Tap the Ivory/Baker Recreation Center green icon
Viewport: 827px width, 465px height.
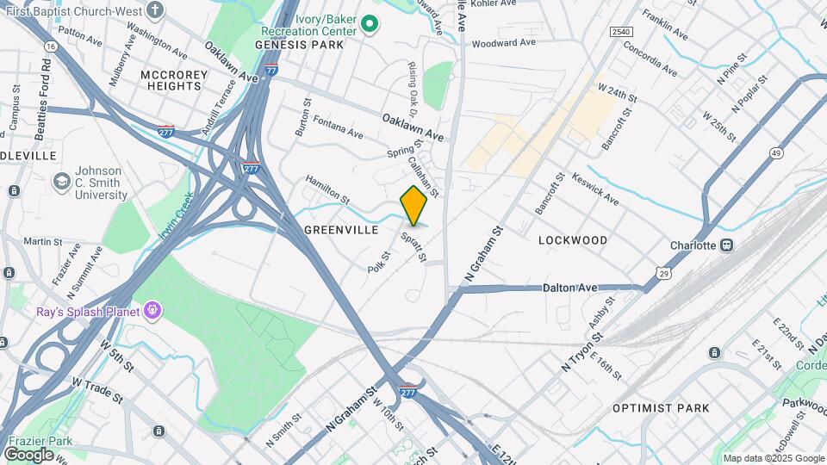point(370,24)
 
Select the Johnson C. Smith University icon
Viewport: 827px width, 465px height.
point(61,182)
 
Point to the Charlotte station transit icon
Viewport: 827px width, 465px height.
point(728,245)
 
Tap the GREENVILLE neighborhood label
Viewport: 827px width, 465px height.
point(341,231)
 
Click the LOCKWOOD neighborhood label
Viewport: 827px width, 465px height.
point(573,240)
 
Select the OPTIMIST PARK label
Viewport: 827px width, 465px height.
point(661,407)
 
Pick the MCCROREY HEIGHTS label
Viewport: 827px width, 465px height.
point(173,81)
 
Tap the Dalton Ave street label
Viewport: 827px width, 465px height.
point(570,288)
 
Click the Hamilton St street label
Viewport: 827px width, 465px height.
point(327,189)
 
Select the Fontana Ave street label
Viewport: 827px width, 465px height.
point(338,126)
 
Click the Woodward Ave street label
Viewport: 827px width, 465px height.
point(504,41)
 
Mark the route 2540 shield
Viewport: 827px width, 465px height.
point(621,32)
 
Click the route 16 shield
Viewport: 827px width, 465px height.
point(51,46)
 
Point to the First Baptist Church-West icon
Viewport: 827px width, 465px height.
point(154,10)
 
